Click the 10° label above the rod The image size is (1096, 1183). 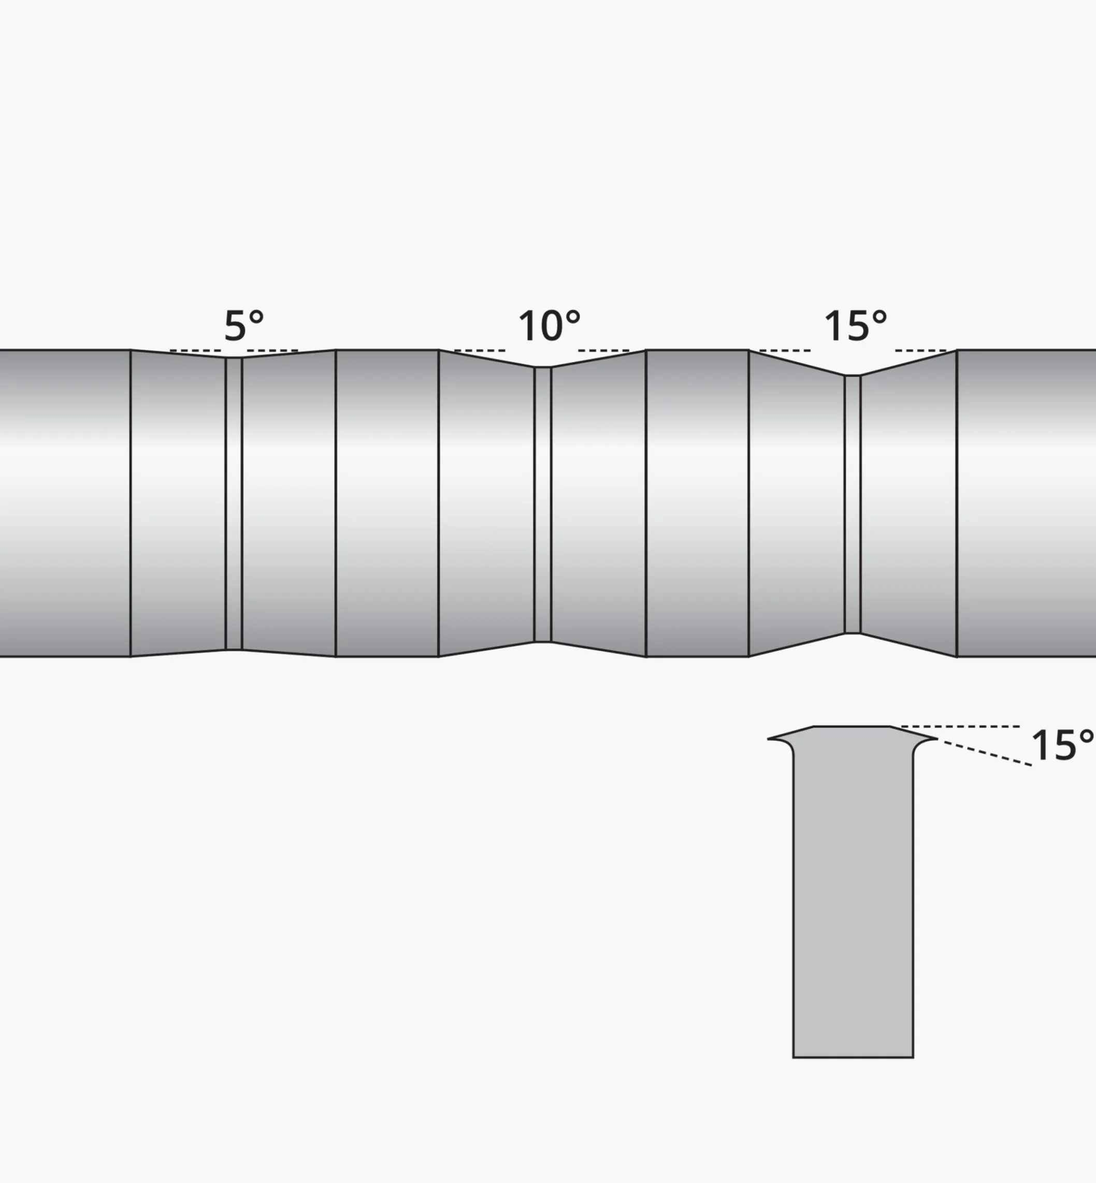tap(549, 326)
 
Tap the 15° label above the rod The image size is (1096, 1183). tap(855, 326)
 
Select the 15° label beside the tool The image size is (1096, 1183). tap(1062, 745)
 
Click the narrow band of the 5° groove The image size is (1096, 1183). tap(234, 504)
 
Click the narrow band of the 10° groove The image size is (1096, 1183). tap(543, 504)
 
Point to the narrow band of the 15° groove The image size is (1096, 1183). tap(852, 504)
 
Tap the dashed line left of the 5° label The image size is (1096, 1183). tap(195, 351)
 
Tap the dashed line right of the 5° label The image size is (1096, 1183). tap(272, 351)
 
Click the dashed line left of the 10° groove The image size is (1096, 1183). tap(480, 351)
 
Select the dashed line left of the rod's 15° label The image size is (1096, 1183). tap(785, 351)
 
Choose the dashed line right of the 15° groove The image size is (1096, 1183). tap(920, 351)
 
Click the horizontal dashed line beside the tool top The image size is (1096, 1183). tap(961, 726)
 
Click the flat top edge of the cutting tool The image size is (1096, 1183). tap(852, 726)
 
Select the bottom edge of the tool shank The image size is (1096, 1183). tap(853, 1057)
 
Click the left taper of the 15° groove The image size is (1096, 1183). tap(797, 504)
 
